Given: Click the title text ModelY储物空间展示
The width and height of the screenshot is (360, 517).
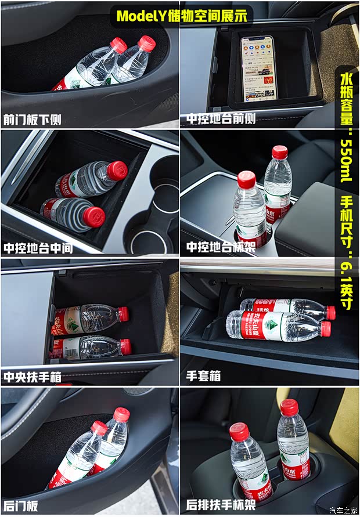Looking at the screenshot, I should pos(181,16).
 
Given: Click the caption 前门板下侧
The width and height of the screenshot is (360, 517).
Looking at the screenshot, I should pos(33,120).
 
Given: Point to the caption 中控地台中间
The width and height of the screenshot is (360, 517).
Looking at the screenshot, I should pos(38,248).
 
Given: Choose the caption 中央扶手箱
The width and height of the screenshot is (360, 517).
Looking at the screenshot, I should pos(33,377).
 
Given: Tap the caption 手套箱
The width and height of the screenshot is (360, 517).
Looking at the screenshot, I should pos(203,377).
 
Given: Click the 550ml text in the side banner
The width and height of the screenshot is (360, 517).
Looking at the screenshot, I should pos(346,160).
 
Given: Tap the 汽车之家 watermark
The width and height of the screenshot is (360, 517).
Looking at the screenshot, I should pos(344,511).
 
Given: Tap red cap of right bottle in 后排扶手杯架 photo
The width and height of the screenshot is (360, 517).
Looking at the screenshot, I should pos(289,407).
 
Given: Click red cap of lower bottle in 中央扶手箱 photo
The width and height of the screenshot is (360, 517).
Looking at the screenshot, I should pos(125,347).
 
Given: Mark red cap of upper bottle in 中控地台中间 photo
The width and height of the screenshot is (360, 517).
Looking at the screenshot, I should pos(117,171).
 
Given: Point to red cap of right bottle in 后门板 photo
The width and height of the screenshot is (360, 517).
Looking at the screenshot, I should pos(121,414).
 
